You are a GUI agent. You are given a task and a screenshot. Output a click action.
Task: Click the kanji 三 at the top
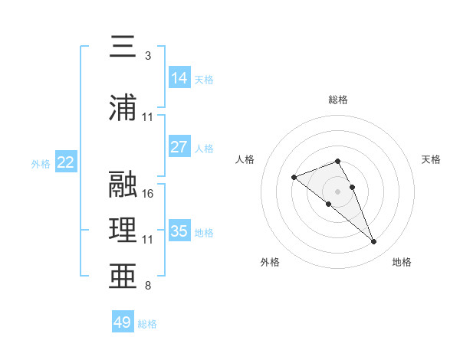(123, 46)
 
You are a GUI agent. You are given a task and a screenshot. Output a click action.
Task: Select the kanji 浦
(123, 107)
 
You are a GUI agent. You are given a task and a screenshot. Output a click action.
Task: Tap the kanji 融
(123, 184)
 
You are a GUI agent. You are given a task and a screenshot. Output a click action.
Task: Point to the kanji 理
(123, 230)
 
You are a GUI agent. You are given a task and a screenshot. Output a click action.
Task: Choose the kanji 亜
(123, 276)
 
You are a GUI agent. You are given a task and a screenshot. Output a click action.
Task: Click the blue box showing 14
(179, 77)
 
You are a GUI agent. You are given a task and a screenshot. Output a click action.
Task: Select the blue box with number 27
(179, 146)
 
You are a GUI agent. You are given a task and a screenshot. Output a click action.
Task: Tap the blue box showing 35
(179, 230)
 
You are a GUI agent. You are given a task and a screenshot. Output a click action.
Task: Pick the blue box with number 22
(66, 162)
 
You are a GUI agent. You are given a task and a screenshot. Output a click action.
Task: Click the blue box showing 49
(123, 321)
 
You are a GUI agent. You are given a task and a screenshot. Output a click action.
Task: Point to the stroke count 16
(147, 194)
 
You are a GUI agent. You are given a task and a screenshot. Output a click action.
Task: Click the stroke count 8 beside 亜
(148, 285)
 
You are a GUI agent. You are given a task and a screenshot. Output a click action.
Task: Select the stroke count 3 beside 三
(148, 56)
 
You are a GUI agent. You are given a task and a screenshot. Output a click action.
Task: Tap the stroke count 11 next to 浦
(147, 117)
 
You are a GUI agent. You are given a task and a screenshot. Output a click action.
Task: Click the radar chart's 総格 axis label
(338, 100)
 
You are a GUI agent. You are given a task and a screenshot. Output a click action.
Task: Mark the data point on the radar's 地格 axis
(374, 241)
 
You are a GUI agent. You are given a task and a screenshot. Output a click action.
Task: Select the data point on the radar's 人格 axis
(294, 177)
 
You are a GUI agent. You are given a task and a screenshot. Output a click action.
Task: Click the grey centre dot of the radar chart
(337, 191)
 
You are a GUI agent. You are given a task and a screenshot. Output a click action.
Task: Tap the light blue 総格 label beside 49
(147, 324)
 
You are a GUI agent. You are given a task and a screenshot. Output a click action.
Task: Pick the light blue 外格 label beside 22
(41, 164)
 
